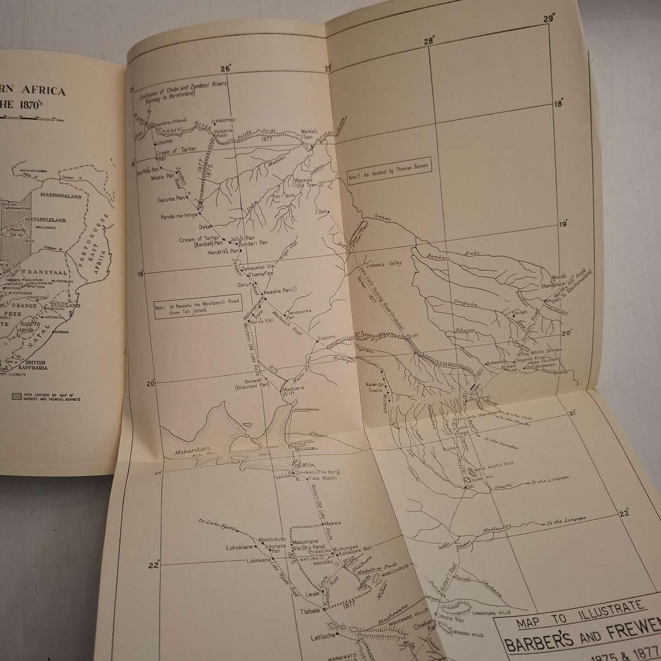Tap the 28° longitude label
(x=430, y=40)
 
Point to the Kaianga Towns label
(x=377, y=386)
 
